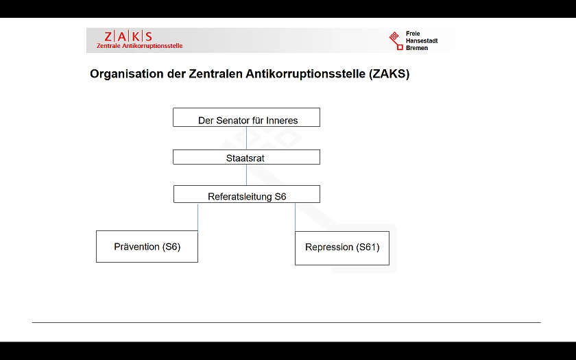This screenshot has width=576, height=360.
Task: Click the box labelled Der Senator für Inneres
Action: pyautogui.click(x=246, y=117)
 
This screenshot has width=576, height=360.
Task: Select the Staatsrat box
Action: pyautogui.click(x=246, y=157)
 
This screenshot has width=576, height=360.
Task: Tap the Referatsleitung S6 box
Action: pyautogui.click(x=246, y=195)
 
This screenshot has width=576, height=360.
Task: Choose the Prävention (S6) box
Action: pyautogui.click(x=147, y=247)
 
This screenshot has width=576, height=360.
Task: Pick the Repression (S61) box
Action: pyautogui.click(x=341, y=248)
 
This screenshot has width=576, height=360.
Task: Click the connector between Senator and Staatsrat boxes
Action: pyautogui.click(x=246, y=138)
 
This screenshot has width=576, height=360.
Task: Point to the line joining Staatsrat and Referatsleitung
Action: pyautogui.click(x=246, y=175)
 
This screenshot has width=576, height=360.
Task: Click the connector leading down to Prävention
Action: pyautogui.click(x=198, y=217)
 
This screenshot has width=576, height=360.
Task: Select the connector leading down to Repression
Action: pyautogui.click(x=296, y=217)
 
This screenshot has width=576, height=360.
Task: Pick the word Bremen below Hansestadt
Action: pyautogui.click(x=417, y=48)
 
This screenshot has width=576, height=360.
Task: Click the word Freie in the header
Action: pyautogui.click(x=413, y=33)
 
